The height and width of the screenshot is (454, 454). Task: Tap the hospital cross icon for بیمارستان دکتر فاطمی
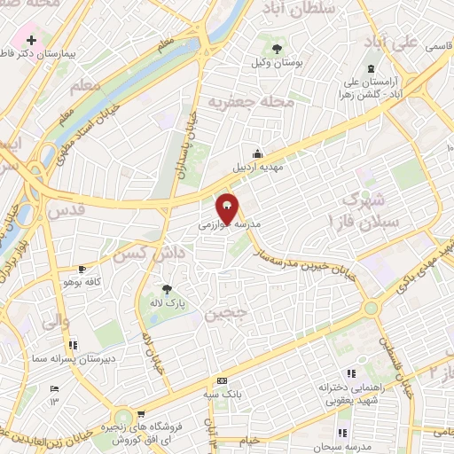coord(32,40)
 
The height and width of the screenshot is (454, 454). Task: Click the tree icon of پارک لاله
coord(166,289)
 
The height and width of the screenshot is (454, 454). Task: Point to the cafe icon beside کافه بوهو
coord(82,269)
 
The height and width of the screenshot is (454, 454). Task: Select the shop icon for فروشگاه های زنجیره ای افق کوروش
coord(123,415)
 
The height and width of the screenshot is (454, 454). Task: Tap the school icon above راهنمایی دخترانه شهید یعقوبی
coord(351,373)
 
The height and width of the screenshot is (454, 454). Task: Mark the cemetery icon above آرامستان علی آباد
coord(370,69)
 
